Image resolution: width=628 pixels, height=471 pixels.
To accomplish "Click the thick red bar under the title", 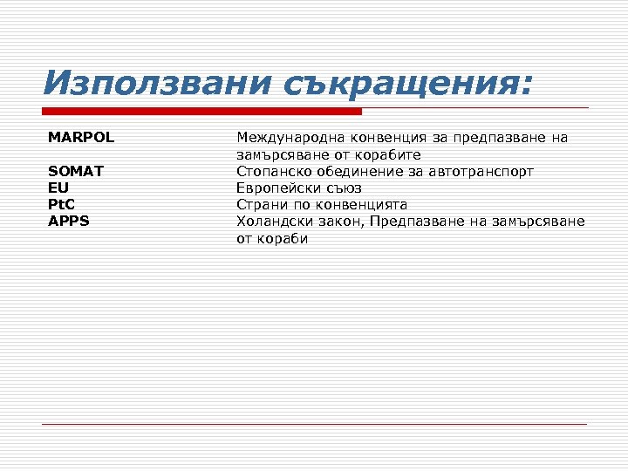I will (x=201, y=111).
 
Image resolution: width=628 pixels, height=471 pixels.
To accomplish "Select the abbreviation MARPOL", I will (x=81, y=138).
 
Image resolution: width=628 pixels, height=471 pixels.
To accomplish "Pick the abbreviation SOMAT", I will (x=76, y=171).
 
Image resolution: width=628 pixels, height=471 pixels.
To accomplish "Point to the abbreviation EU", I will (x=58, y=188).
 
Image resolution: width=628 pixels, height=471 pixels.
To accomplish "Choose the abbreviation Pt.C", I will (x=62, y=204).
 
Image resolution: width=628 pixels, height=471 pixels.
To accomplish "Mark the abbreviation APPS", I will (x=69, y=221).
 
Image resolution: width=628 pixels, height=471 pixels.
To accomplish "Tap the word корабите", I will (x=389, y=154).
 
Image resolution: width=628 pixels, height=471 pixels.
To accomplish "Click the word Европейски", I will (x=276, y=188).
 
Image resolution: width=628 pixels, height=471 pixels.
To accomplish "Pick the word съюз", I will (x=342, y=188).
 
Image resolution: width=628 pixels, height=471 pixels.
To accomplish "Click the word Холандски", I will (x=273, y=221).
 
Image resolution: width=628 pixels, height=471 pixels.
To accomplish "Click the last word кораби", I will (x=283, y=237).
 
